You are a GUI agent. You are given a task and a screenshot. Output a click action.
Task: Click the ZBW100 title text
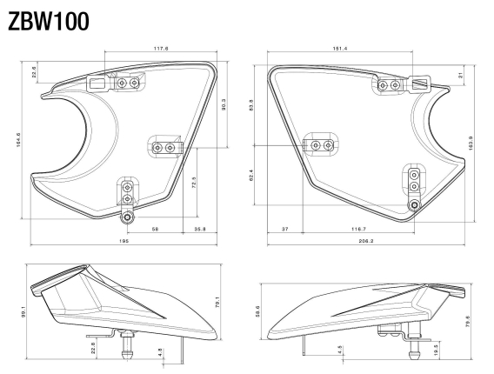click(48, 22)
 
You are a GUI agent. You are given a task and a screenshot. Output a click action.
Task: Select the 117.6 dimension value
click(157, 50)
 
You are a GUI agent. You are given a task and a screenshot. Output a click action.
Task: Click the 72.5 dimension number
click(193, 183)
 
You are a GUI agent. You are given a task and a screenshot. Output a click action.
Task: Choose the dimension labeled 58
click(154, 230)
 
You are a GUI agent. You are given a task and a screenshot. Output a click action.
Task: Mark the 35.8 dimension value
click(199, 230)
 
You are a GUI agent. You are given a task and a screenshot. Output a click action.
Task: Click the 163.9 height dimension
click(471, 141)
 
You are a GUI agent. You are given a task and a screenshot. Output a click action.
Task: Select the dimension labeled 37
click(284, 230)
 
